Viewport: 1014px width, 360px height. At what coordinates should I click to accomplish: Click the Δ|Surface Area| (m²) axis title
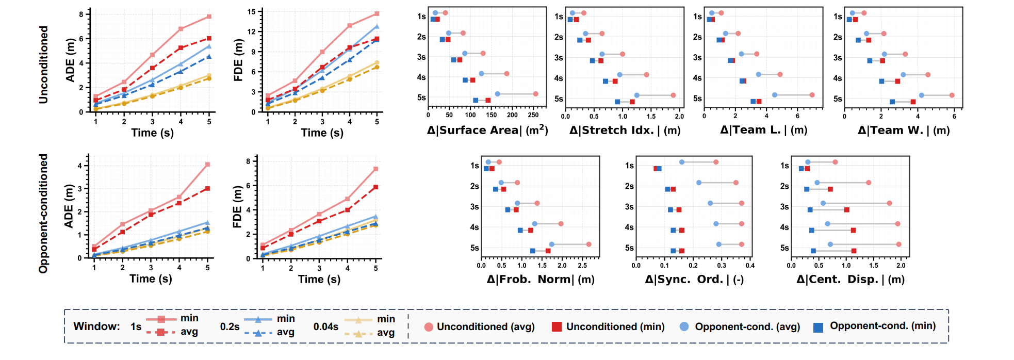point(487,130)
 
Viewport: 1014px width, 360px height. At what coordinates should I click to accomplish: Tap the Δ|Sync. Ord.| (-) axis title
point(694,280)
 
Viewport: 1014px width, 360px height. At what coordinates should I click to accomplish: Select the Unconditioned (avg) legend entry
point(479,326)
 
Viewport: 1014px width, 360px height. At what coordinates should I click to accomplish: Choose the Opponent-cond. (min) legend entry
point(875,326)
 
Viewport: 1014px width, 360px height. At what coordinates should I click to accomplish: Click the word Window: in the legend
point(96,326)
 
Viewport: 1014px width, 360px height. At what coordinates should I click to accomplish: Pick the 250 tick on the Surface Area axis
point(533,116)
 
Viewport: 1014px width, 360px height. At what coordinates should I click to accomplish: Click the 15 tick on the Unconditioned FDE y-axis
point(251,11)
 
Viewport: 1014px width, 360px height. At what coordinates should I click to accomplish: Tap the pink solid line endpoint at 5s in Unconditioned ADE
point(209,17)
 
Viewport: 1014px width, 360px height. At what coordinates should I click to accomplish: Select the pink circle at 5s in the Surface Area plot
point(535,94)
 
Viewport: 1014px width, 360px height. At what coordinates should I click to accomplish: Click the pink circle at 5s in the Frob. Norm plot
point(588,244)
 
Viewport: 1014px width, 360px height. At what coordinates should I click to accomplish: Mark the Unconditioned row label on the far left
point(43,64)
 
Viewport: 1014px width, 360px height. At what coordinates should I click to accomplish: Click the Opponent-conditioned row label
point(43,213)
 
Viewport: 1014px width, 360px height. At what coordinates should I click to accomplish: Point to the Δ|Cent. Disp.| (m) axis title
point(850,280)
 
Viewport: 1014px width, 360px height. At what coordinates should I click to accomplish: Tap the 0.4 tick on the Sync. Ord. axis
point(750,266)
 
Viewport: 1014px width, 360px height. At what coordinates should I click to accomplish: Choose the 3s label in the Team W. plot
point(838,58)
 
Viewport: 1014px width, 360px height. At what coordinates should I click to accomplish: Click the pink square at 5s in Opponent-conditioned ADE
point(207,165)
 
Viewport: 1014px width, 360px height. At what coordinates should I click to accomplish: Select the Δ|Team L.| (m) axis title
point(763,130)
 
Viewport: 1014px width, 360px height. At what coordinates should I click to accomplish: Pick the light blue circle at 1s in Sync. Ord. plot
point(682,162)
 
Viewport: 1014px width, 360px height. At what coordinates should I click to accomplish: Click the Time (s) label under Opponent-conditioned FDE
point(319,280)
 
